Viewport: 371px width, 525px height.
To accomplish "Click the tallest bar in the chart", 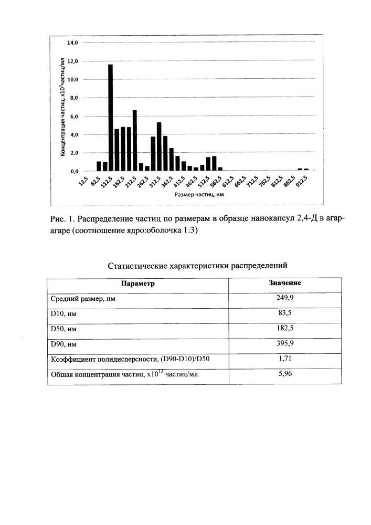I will coord(110,118).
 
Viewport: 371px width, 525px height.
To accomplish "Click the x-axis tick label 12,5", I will coord(83,182).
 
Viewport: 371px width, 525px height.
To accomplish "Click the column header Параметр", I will coord(138,283).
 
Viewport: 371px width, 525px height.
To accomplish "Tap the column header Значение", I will coord(285,283).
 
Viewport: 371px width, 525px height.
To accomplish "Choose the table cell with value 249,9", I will coord(285,299).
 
